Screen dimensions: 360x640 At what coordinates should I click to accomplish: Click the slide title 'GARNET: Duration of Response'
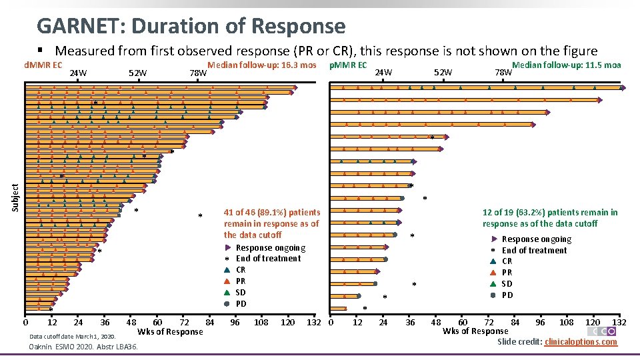[191, 26]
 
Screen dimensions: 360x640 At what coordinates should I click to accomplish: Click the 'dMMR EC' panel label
[43, 65]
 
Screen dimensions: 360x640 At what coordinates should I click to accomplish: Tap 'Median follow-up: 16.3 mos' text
[262, 65]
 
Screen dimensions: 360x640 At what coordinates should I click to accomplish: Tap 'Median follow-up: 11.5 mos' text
[566, 65]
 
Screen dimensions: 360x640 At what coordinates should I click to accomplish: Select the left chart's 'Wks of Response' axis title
[170, 332]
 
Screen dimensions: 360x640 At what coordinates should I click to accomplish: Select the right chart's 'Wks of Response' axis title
[475, 331]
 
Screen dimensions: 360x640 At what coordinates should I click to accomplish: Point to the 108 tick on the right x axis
[565, 322]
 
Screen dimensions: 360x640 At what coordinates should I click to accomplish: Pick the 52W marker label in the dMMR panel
[137, 73]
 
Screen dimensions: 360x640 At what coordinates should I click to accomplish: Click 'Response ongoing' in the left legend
[270, 248]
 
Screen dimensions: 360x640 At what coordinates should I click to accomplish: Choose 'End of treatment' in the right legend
[534, 251]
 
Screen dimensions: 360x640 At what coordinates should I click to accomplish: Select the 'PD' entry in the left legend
[241, 304]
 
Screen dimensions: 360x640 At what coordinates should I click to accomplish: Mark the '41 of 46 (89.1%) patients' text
[271, 212]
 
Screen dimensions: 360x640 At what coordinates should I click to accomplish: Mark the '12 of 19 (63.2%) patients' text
[550, 212]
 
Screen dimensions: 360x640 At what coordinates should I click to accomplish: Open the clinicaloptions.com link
[581, 342]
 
